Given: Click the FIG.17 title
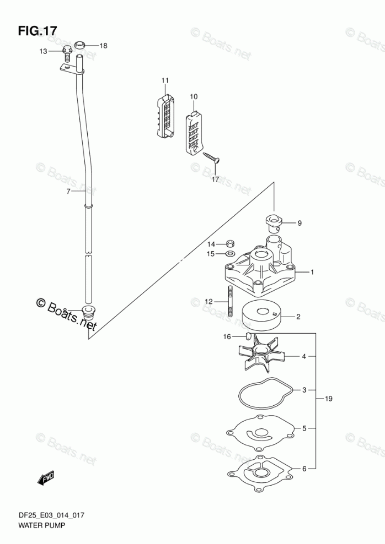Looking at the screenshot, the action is coord(37,31).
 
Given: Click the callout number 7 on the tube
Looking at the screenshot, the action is coord(68,192).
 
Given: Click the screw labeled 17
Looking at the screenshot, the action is coord(212,158).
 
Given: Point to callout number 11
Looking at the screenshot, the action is coord(164,81).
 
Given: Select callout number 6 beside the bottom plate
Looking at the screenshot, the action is coord(304,469).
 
